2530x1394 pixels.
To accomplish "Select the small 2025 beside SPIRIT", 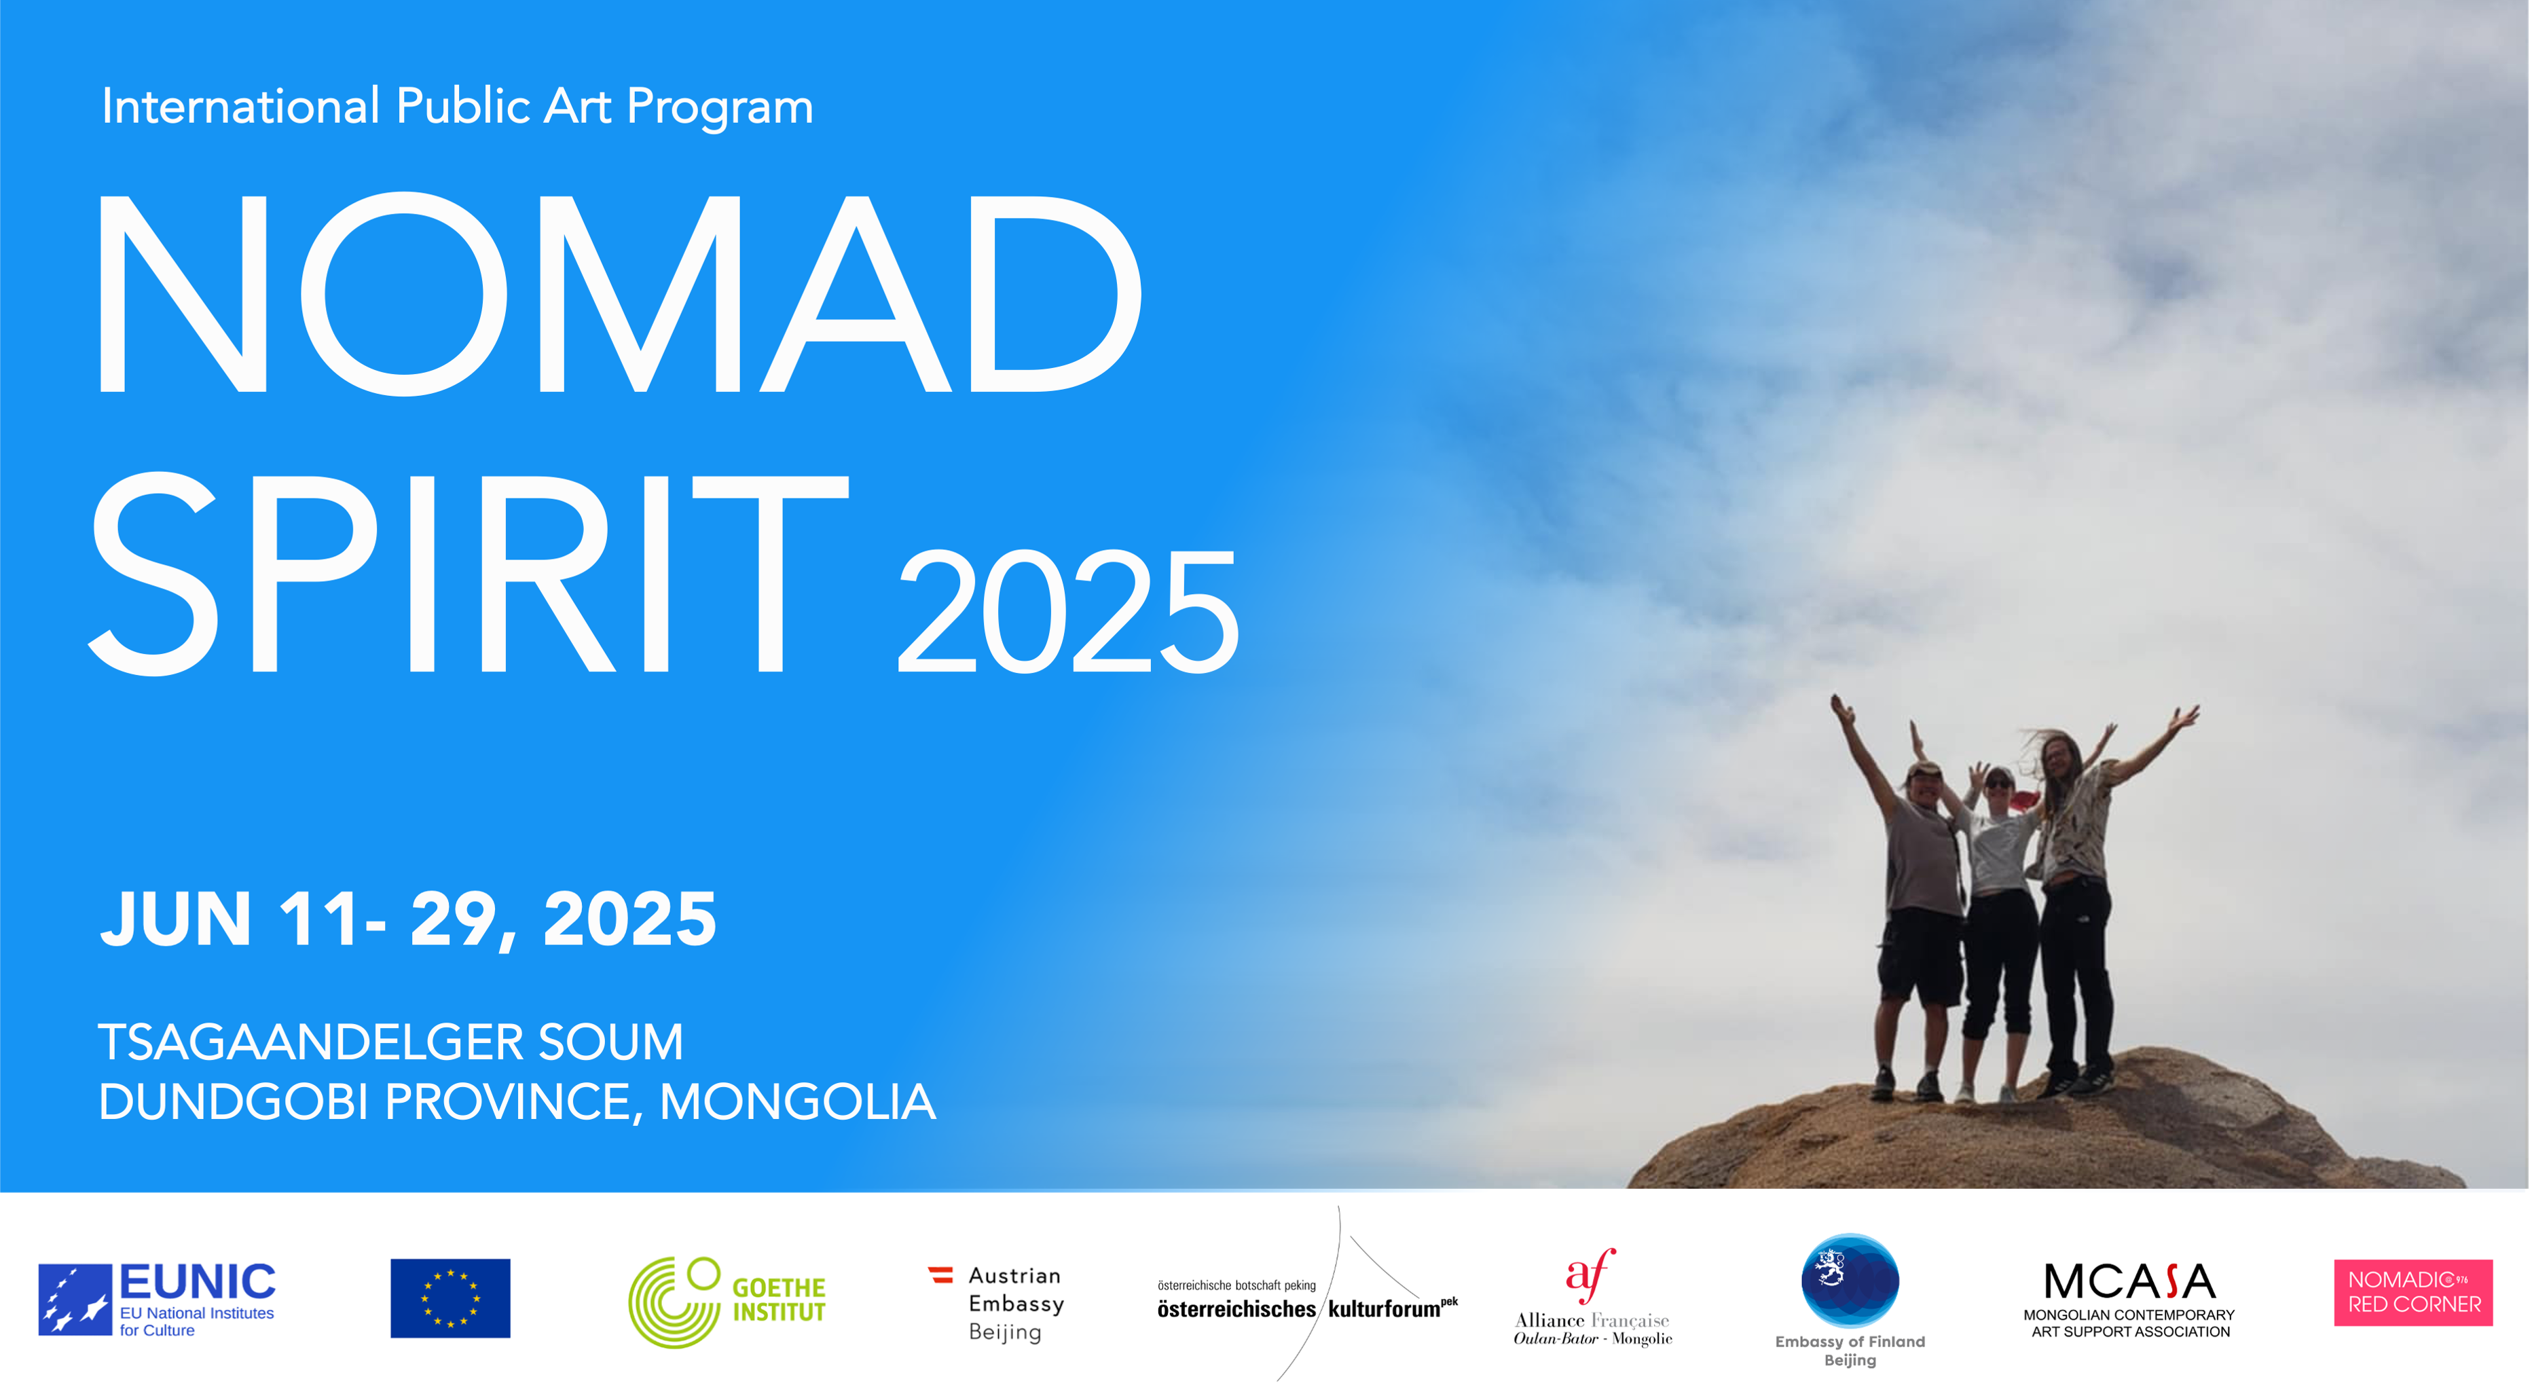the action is (1069, 611).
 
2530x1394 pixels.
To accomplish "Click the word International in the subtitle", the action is (240, 106).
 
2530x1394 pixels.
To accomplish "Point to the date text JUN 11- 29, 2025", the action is (409, 919).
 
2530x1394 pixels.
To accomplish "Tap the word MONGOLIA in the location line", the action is (797, 1102).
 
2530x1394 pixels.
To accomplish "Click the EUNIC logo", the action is (157, 1299).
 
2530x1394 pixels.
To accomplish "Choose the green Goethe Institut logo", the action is (727, 1301).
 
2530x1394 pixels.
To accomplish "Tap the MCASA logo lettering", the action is (2129, 1281).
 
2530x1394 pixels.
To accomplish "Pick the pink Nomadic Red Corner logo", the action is (2413, 1293).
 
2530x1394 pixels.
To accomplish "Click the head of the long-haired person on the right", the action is (2061, 754).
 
